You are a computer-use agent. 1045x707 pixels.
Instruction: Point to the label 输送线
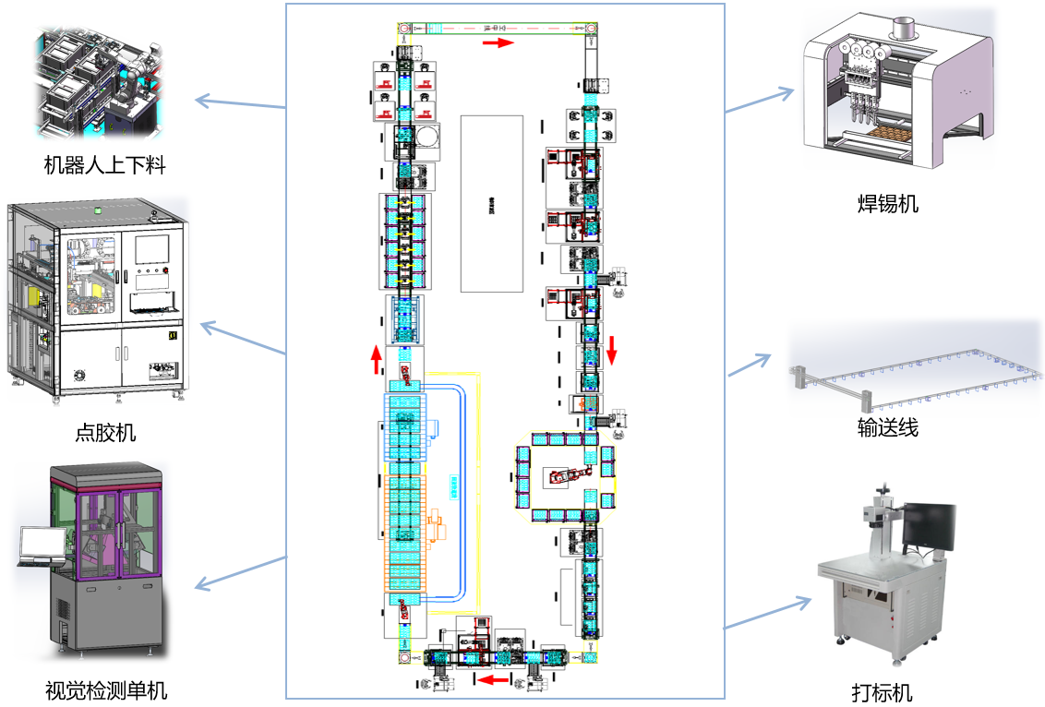point(888,426)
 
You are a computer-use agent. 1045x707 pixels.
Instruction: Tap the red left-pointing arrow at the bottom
point(490,680)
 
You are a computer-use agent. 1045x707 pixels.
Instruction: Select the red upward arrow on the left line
point(376,359)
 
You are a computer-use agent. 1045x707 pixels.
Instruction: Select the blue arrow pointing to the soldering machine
point(760,101)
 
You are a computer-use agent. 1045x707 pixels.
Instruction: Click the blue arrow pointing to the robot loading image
point(241,101)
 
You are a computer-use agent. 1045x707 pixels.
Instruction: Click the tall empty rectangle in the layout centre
point(492,204)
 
